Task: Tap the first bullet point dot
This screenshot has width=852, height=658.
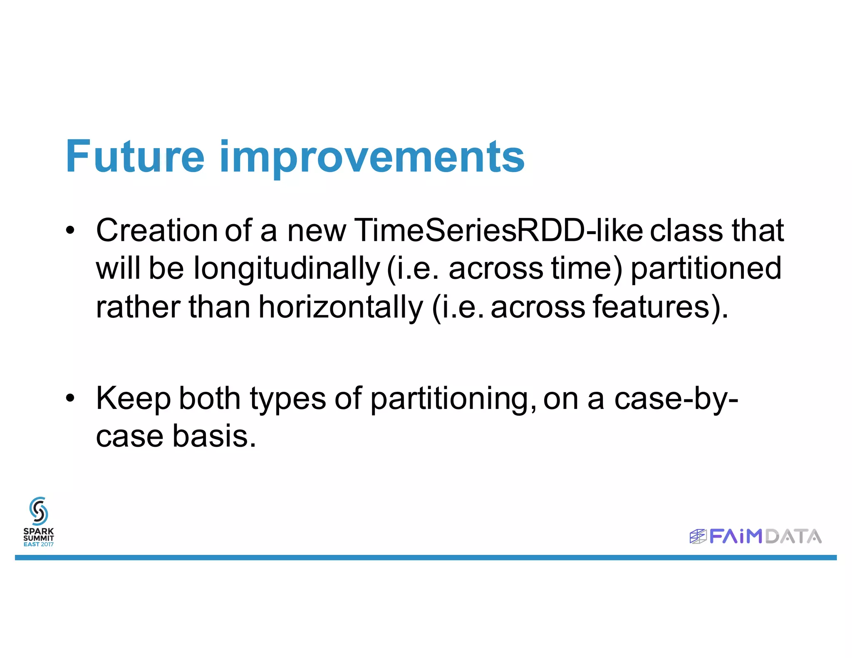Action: (70, 230)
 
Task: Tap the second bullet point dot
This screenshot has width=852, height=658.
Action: (70, 398)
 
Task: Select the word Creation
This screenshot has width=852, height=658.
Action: (156, 230)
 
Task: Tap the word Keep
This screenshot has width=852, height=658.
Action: (133, 399)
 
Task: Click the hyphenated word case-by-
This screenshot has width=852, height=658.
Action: (676, 399)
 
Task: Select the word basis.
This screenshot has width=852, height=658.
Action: (214, 436)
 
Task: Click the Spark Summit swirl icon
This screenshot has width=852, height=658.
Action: (39, 511)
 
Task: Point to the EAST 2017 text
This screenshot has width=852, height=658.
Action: (38, 544)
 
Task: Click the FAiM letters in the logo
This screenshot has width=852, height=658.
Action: (736, 537)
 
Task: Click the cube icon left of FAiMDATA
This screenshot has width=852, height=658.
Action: (698, 537)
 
